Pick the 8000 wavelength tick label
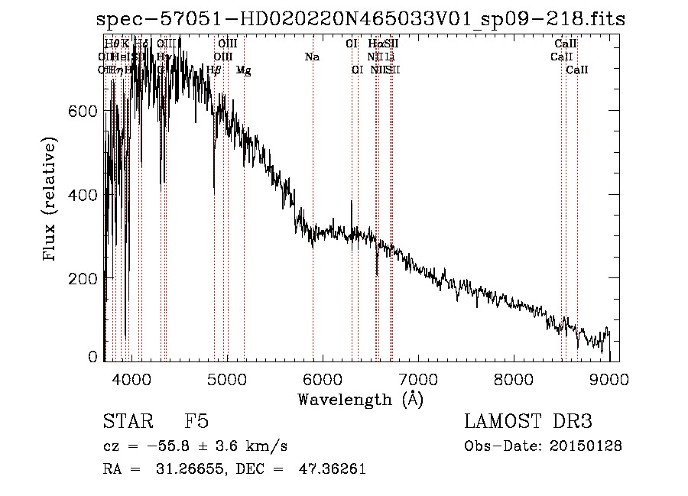[x=514, y=379]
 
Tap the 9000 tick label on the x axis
[x=609, y=379]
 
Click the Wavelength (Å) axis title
[x=360, y=399]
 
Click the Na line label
[x=312, y=57]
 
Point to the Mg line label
[x=243, y=70]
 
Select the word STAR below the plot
[x=126, y=422]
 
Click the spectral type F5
[x=196, y=422]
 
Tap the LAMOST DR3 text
[x=528, y=422]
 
